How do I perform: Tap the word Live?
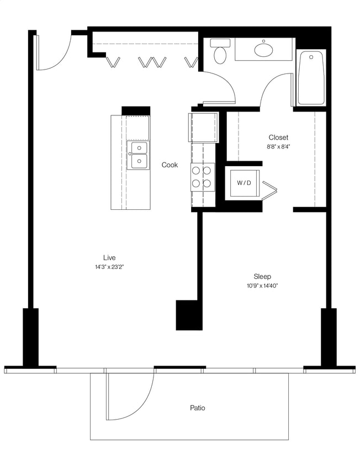click(x=109, y=258)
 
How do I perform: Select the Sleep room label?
click(x=262, y=277)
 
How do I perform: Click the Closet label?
click(x=278, y=137)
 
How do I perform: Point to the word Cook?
click(x=170, y=165)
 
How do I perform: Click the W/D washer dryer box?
click(x=243, y=183)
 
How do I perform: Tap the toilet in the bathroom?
click(x=221, y=51)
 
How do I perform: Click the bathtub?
click(x=311, y=77)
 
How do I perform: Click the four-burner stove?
click(x=203, y=177)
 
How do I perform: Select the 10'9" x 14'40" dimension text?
click(x=262, y=286)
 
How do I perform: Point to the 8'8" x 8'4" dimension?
click(x=278, y=147)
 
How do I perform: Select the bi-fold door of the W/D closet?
click(x=270, y=190)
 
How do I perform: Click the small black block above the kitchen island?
click(x=136, y=110)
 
